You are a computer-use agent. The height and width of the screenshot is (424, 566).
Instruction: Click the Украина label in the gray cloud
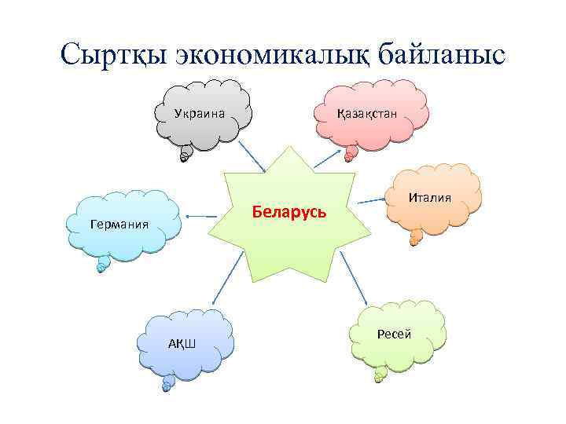pyautogui.click(x=200, y=114)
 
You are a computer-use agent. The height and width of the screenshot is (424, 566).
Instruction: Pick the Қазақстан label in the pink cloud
pyautogui.click(x=366, y=114)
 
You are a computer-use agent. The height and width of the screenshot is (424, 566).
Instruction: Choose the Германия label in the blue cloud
pyautogui.click(x=119, y=224)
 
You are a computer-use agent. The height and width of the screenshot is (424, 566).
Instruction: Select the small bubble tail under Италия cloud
pyautogui.click(x=414, y=238)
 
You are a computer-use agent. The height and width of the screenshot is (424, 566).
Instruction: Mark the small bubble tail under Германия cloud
pyautogui.click(x=101, y=267)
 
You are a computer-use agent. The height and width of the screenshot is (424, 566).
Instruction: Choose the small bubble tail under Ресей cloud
pyautogui.click(x=380, y=375)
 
